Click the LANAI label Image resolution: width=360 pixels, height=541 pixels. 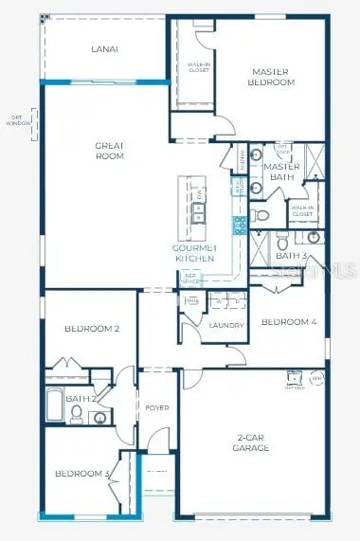pyautogui.click(x=104, y=49)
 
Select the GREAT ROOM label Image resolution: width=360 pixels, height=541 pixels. pyautogui.click(x=110, y=151)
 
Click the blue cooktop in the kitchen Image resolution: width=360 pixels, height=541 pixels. pyautogui.click(x=241, y=225)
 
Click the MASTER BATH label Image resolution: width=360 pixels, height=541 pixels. pyautogui.click(x=281, y=171)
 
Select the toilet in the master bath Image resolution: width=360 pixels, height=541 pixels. pyautogui.click(x=263, y=216)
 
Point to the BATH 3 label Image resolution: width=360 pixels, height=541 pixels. pyautogui.click(x=290, y=256)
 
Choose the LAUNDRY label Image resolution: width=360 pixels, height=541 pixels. pyautogui.click(x=226, y=325)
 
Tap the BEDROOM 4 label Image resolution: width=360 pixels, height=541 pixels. pyautogui.click(x=288, y=322)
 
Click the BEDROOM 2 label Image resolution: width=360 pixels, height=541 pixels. pyautogui.click(x=91, y=329)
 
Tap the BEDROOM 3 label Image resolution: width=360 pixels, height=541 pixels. pyautogui.click(x=81, y=474)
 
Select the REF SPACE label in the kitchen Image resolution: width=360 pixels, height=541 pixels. pyautogui.click(x=189, y=279)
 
